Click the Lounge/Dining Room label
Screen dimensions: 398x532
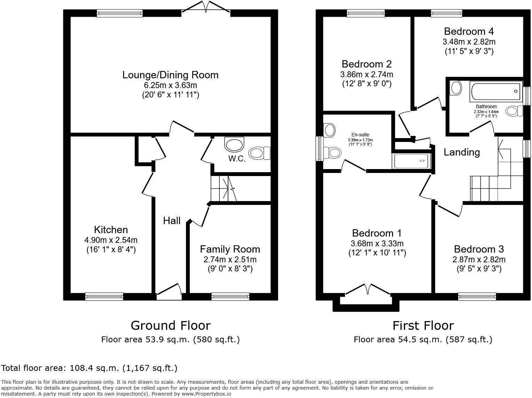click(x=170, y=75)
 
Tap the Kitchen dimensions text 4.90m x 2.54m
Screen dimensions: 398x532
click(x=111, y=240)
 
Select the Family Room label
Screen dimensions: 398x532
click(x=230, y=249)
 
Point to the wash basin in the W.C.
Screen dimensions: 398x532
click(x=235, y=144)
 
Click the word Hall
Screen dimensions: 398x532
click(x=172, y=221)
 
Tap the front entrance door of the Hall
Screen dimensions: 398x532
click(x=170, y=292)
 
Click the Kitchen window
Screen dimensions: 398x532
click(x=104, y=296)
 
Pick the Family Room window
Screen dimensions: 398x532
click(x=230, y=296)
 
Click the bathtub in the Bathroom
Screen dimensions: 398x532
click(x=496, y=91)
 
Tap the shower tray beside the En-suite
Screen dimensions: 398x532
click(x=412, y=161)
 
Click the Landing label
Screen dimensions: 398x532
click(x=461, y=152)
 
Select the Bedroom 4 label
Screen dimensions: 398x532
click(x=469, y=31)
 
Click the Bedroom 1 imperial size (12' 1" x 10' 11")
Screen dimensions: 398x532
click(x=377, y=253)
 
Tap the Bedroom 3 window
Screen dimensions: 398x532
click(x=477, y=296)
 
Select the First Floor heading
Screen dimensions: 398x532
click(x=423, y=326)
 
